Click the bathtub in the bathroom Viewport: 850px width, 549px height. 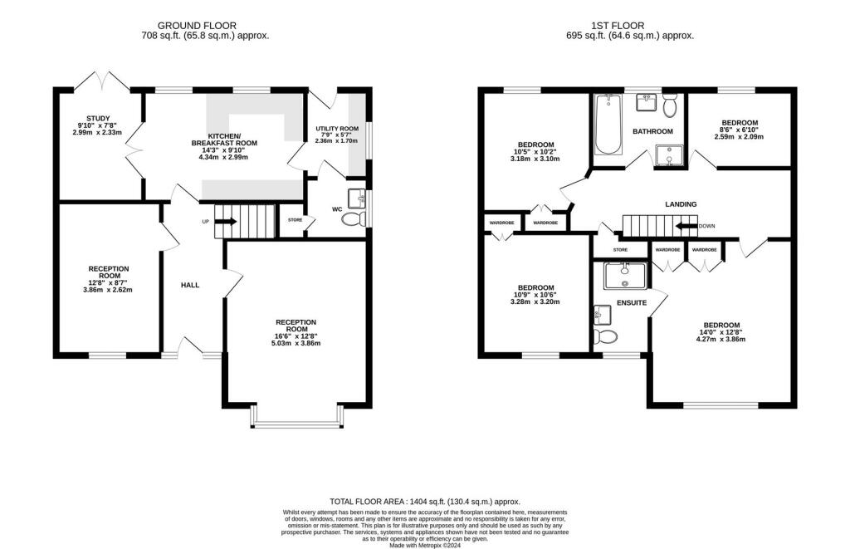click(608, 125)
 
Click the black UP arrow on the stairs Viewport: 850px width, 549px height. click(225, 222)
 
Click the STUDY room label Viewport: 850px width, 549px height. click(98, 119)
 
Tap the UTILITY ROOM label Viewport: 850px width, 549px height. click(337, 129)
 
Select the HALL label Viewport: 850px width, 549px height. click(190, 285)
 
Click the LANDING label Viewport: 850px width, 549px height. click(681, 204)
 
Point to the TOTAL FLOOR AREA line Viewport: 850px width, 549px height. click(425, 502)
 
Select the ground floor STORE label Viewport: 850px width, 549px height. click(295, 220)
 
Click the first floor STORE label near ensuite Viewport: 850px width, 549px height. click(620, 249)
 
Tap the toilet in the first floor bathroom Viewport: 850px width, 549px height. click(669, 105)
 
